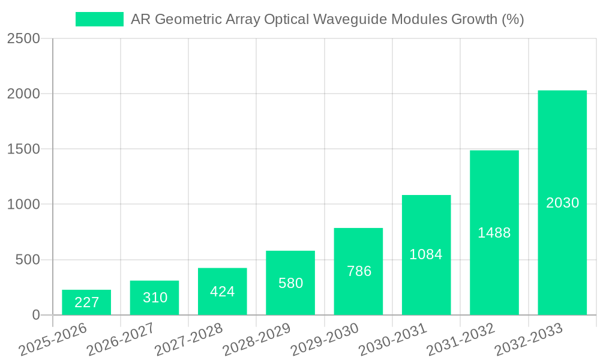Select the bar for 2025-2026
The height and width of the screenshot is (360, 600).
(x=86, y=302)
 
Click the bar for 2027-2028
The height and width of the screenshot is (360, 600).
(x=223, y=292)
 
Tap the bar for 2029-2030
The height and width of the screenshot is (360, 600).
(x=358, y=271)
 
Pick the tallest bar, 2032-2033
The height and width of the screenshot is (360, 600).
(x=562, y=203)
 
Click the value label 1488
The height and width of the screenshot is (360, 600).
(x=494, y=233)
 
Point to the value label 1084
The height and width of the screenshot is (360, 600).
(x=426, y=254)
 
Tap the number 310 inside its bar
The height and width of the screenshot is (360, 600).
(x=155, y=298)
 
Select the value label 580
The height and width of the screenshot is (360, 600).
(x=291, y=283)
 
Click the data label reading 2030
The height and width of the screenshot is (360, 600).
(x=562, y=203)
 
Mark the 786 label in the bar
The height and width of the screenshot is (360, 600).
(x=359, y=271)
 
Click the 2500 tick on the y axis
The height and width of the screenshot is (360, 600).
(x=23, y=39)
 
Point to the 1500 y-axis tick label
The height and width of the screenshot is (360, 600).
(x=23, y=149)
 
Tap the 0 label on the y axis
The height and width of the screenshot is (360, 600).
(x=35, y=315)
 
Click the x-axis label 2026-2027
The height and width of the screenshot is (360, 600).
(x=120, y=340)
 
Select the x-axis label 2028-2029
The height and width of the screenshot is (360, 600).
(x=256, y=340)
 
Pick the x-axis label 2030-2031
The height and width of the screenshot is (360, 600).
(x=392, y=340)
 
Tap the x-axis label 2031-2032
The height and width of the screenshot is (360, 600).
(x=460, y=340)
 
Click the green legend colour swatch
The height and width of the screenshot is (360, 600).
(x=99, y=20)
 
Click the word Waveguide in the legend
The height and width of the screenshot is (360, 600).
(x=350, y=20)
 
